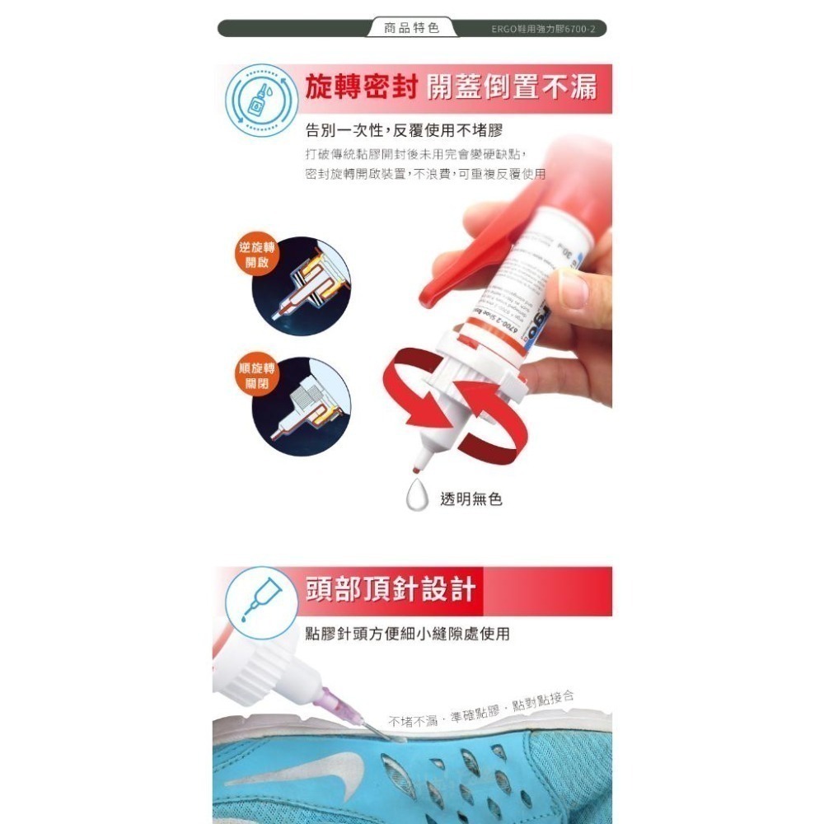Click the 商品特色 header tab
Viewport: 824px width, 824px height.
412,28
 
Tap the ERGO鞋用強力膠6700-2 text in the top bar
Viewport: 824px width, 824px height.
548,29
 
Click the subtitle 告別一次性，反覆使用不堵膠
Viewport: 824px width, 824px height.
404,130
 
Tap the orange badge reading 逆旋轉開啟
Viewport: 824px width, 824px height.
257,255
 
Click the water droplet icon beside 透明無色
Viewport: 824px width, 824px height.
419,498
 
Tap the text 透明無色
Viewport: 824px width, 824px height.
471,499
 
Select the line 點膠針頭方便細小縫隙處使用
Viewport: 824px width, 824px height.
407,634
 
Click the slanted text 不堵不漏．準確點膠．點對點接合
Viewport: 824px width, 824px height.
481,710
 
